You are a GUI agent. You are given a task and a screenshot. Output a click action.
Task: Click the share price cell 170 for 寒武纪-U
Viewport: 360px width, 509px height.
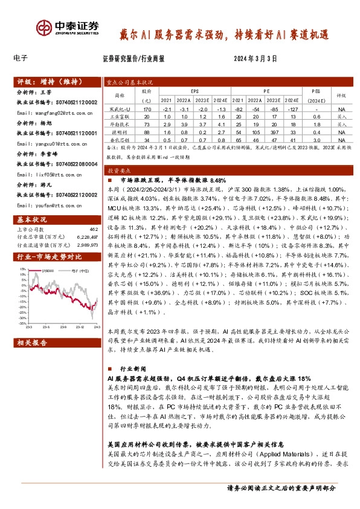145,108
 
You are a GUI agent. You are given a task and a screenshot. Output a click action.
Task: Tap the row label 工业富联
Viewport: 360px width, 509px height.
123,115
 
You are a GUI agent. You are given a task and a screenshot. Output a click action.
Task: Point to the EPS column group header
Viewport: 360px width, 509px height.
194,91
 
